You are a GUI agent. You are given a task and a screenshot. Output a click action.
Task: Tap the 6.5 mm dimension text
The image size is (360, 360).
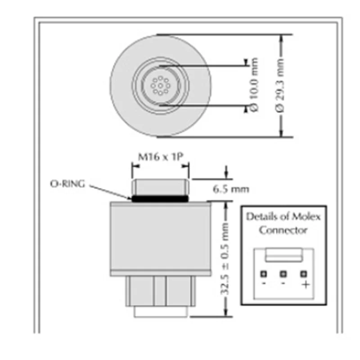point(231,189)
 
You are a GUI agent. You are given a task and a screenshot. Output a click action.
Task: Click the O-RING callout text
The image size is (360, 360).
point(67,184)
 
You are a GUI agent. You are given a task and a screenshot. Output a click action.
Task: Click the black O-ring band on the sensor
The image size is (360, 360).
point(160,198)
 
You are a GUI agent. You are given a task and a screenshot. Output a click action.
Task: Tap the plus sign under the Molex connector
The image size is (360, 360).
point(305,284)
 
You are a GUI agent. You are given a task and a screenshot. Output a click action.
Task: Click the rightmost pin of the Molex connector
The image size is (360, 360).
point(304,273)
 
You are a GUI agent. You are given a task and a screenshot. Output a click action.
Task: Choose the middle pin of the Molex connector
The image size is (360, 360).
point(283,273)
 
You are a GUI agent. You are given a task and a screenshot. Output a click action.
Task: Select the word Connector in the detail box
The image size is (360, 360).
point(283,230)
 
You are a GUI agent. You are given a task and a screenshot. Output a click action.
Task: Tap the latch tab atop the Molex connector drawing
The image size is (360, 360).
point(283,255)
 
